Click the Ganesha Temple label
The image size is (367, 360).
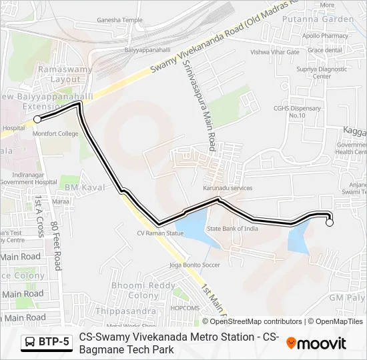point(119,20)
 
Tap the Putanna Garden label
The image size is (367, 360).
point(328,19)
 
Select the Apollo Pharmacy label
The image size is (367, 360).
point(326,36)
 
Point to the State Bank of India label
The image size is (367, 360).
point(232,229)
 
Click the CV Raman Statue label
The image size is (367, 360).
point(160,233)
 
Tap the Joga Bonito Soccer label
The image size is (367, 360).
point(195,265)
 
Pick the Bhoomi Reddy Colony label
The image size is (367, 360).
point(135,290)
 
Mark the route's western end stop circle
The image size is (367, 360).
point(37,119)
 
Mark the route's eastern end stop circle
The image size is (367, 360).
point(329,223)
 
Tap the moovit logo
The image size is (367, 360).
point(316,343)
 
